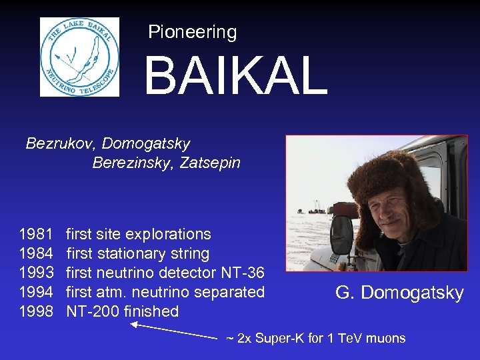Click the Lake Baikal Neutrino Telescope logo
pos(79,57)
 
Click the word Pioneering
pos(192,32)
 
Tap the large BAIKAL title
pos(235,76)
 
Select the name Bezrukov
pos(52,143)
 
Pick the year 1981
pos(36,234)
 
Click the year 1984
pos(36,253)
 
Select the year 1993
pos(36,273)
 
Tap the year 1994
pos(36,292)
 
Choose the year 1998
pos(36,311)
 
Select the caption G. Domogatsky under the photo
pos(399,293)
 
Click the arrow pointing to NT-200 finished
pos(173,331)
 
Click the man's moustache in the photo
pos(393,221)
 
